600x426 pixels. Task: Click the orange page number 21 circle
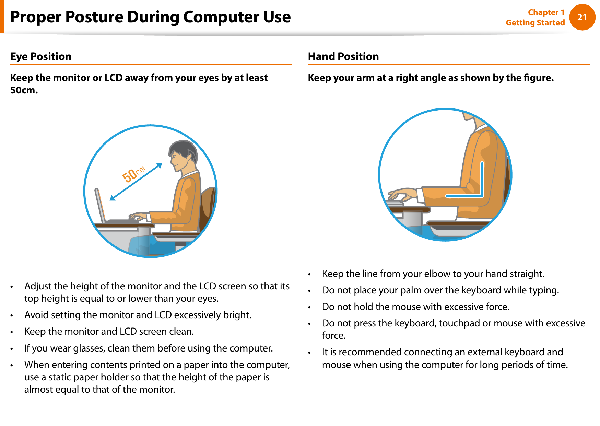tap(582, 17)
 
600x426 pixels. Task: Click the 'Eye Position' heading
tap(41, 56)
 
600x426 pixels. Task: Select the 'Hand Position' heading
tap(343, 56)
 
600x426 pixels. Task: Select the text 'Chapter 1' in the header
tap(546, 12)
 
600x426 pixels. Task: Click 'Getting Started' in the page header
tap(535, 23)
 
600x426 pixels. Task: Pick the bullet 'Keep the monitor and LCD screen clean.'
tap(109, 332)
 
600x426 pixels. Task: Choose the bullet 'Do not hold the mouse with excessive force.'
tap(415, 307)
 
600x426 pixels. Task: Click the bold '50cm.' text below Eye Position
tap(24, 90)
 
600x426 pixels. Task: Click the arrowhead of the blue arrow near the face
tap(159, 165)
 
